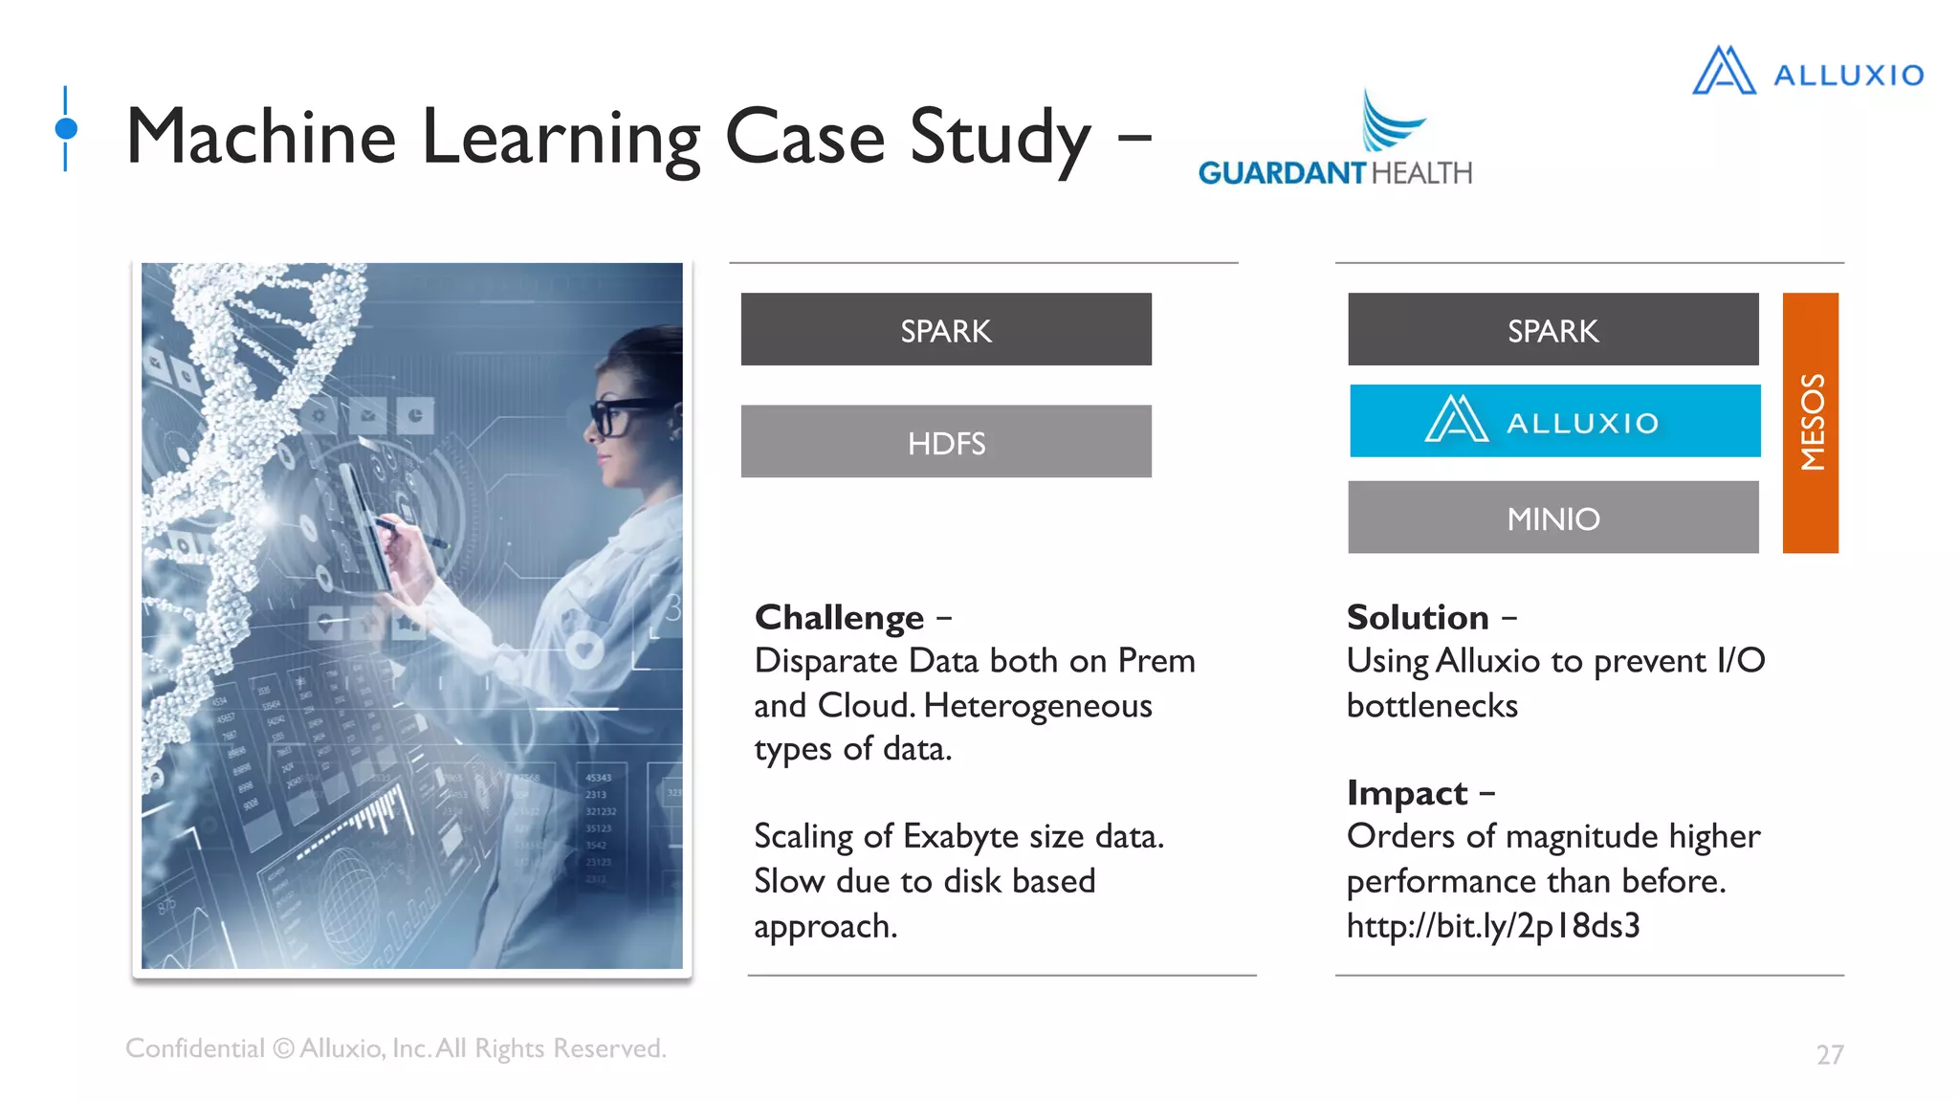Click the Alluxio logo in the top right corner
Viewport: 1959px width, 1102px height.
click(x=1808, y=72)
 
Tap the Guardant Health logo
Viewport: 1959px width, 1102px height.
click(x=1334, y=143)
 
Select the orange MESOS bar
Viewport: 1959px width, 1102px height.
click(x=1810, y=423)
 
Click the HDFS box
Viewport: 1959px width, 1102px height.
click(x=946, y=442)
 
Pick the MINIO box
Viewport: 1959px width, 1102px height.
click(x=1552, y=518)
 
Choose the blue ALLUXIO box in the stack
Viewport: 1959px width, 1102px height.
click(x=1554, y=421)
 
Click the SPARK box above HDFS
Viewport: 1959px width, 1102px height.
click(x=946, y=330)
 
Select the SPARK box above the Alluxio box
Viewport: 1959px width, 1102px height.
click(x=1552, y=330)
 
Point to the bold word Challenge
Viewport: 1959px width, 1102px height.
click(x=839, y=618)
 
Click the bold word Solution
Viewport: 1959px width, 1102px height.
click(x=1418, y=618)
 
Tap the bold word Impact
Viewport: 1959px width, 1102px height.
click(x=1406, y=793)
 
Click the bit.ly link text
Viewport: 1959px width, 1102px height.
click(x=1492, y=926)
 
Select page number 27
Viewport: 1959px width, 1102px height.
click(x=1829, y=1054)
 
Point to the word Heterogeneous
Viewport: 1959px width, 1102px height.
click(x=1038, y=706)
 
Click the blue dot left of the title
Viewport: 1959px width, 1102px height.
click(x=66, y=128)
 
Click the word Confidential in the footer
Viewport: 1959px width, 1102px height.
click(x=194, y=1048)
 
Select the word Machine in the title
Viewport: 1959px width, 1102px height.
click(x=260, y=137)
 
